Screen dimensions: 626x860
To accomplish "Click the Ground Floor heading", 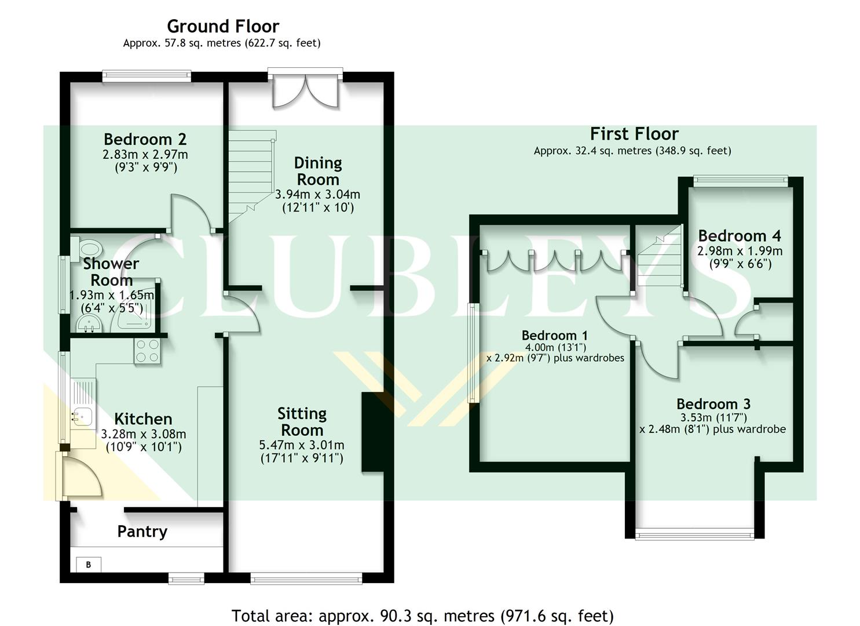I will coord(222,26).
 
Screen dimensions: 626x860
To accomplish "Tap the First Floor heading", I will coord(634,134).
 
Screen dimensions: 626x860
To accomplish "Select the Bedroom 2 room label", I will coord(145,139).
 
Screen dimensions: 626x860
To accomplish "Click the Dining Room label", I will coord(317,171).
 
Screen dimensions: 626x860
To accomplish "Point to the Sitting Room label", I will coord(302,422).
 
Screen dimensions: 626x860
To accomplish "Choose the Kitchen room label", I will coord(143,419).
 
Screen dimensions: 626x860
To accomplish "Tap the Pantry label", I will coord(142,532).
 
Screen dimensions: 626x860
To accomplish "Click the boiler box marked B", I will coord(89,564).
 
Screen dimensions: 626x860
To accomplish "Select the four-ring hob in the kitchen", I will coord(147,351).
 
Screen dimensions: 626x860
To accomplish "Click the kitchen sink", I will coord(81,415).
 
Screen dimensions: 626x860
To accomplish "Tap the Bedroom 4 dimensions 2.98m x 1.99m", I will coord(740,251).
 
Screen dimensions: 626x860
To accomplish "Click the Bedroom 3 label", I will coord(713,404).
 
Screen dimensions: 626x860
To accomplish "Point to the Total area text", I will coord(422,616).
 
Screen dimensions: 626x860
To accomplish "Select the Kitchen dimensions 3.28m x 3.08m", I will coord(143,434).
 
